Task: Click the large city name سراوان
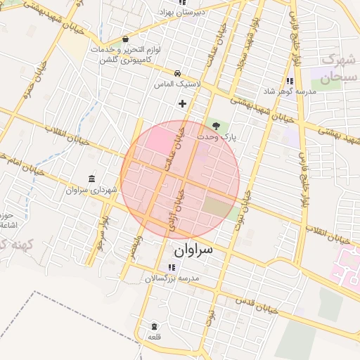coord(193,249)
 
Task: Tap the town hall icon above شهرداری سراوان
coord(92,179)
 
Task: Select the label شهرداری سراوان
coord(86,190)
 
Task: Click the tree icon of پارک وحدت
coord(216,125)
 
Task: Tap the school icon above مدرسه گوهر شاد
coord(290,81)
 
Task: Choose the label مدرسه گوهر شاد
coord(290,91)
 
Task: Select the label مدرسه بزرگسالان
coord(173,278)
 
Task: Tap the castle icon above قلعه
coord(155,326)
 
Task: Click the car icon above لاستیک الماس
coord(178,73)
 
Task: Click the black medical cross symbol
coord(183,103)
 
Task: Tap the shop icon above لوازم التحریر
coord(125,39)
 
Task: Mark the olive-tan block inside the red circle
coord(217,207)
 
